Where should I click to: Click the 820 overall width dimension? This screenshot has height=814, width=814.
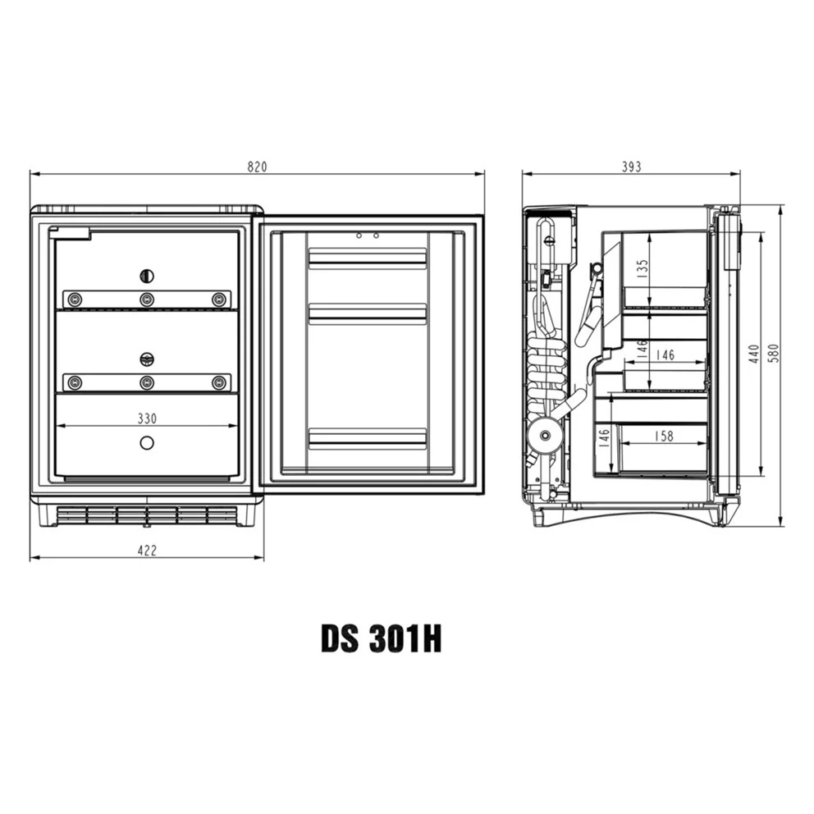coord(257,167)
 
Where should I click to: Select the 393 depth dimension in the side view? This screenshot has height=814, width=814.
coord(630,167)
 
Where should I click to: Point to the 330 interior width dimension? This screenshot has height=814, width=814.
coord(146,418)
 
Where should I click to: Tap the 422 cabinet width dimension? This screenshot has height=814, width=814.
coord(146,551)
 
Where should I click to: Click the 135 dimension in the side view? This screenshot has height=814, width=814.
coord(643,268)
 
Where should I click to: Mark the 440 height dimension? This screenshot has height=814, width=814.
coord(753,354)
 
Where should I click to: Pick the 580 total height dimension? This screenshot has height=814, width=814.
coord(772,354)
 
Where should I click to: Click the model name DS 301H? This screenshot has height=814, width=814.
coord(381,639)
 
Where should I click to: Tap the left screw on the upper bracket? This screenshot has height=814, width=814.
coord(75,300)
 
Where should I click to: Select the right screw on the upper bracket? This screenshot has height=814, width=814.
coord(218,300)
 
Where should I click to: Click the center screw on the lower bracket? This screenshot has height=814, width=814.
coord(147,382)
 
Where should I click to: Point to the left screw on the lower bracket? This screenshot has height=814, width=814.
coord(75,382)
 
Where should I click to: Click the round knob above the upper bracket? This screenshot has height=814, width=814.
coord(147,276)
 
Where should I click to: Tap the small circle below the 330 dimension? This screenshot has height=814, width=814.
coord(147,443)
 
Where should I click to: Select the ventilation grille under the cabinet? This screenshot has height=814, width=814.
coord(146,514)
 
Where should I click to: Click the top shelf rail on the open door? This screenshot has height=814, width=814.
coord(367,259)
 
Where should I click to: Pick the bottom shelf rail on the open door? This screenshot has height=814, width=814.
coord(367,438)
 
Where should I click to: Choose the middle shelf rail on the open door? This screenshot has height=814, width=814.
coord(367,313)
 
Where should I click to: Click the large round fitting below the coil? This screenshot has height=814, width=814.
coord(542,434)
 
